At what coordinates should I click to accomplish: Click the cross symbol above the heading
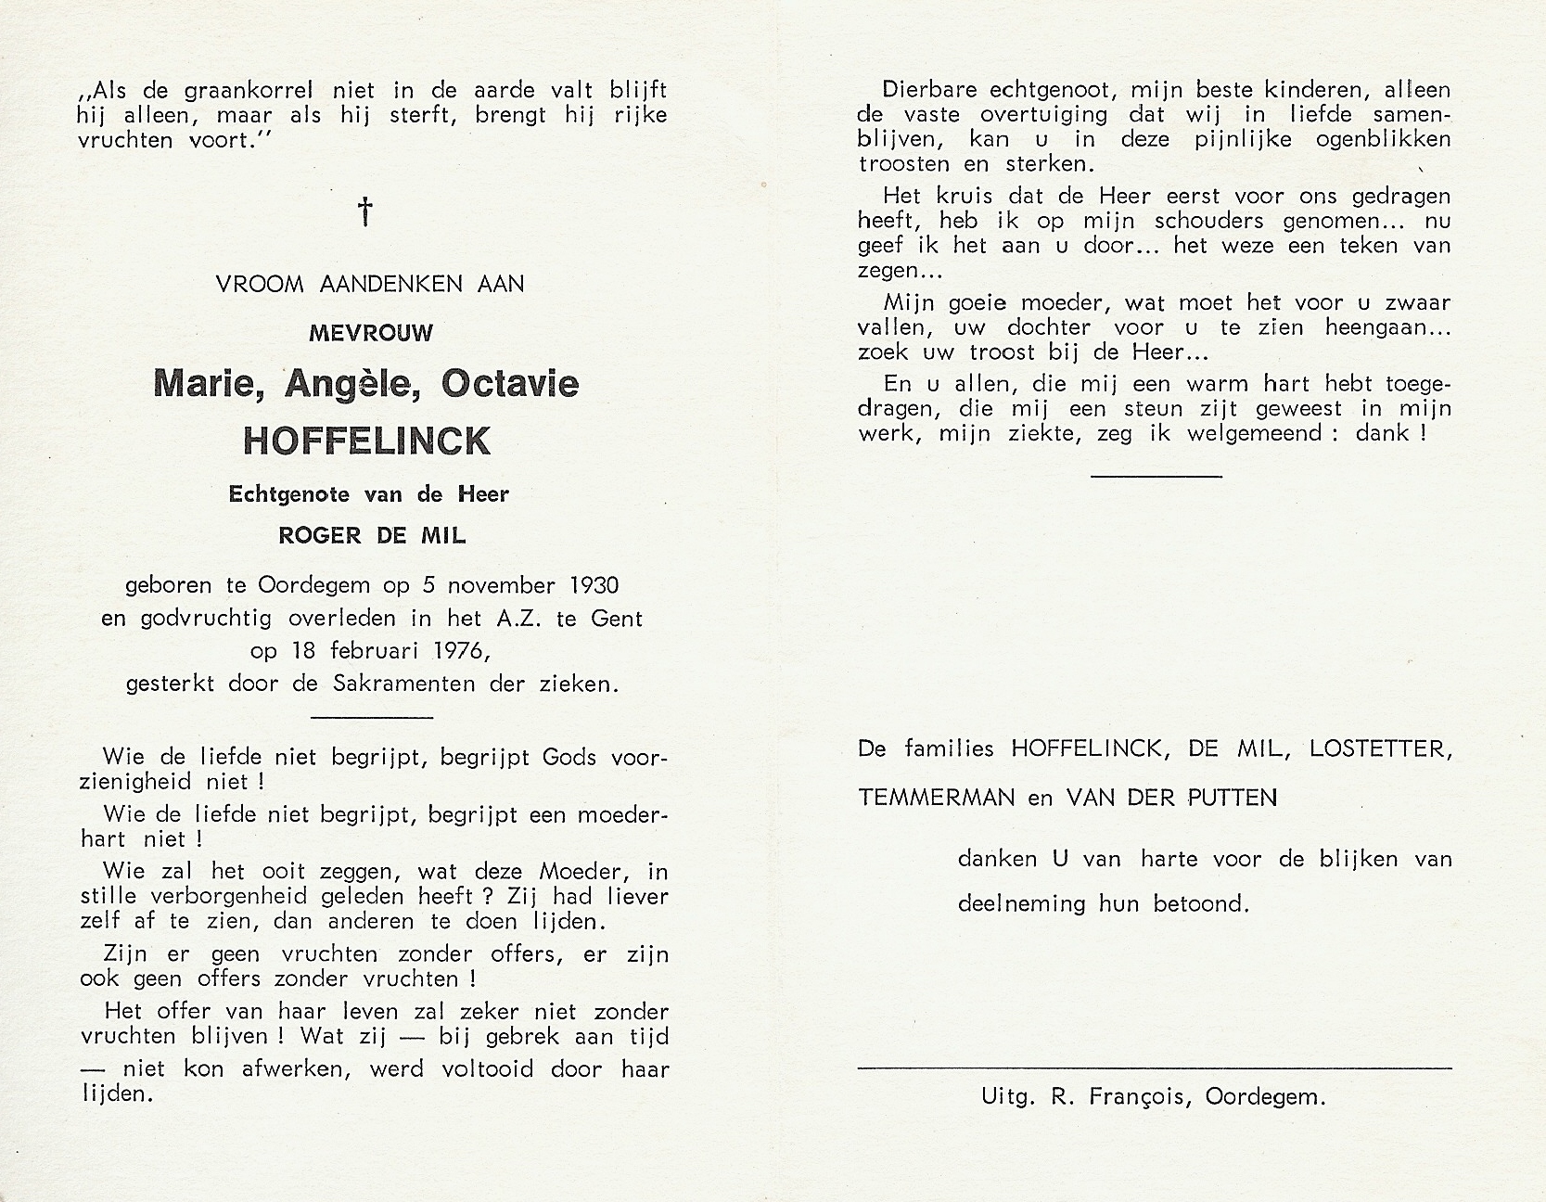[x=366, y=211]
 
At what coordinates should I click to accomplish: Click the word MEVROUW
[x=371, y=333]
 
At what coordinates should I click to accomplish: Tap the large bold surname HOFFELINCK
[x=366, y=441]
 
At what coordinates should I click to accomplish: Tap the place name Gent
[x=616, y=619]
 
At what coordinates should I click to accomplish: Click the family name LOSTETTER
[x=1379, y=748]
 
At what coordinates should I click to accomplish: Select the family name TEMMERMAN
[x=936, y=797]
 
